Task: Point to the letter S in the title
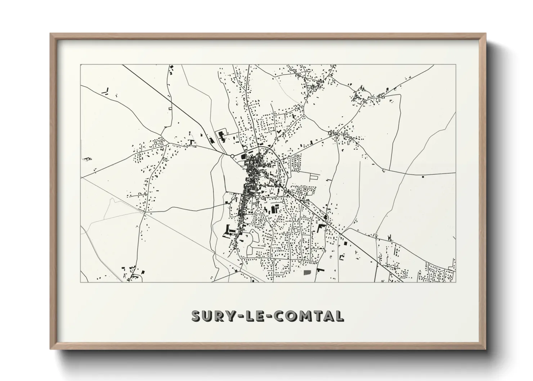point(196,316)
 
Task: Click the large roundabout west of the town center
point(232,156)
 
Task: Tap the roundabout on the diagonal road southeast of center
point(285,188)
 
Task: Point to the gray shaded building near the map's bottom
point(307,272)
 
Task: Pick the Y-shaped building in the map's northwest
point(106,91)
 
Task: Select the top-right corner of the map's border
point(456,65)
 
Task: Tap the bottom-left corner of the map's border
point(81,282)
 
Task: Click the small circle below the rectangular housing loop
point(298,171)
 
